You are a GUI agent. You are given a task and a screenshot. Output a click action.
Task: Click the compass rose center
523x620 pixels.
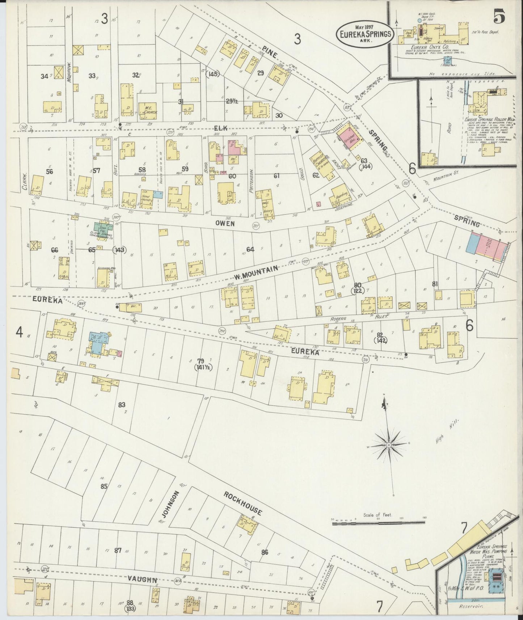[389, 444]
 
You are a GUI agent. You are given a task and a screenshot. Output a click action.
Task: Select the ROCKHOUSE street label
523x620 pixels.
[242, 503]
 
